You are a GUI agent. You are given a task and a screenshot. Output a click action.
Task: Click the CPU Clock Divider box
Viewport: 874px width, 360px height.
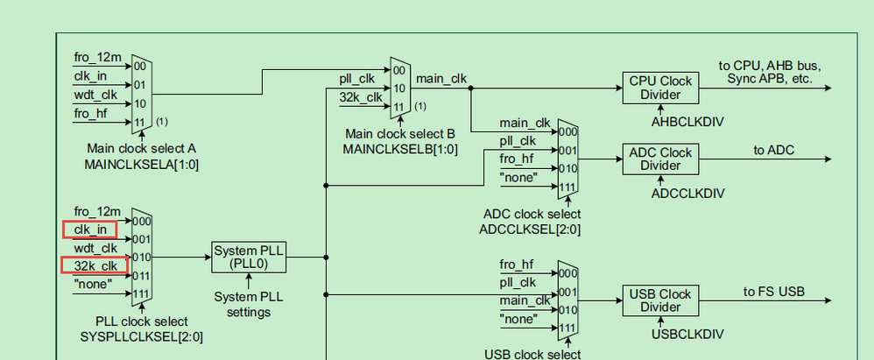660,88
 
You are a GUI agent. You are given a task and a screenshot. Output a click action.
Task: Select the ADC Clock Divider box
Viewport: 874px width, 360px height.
660,159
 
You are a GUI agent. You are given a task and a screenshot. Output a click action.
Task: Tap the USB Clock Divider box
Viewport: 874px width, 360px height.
660,300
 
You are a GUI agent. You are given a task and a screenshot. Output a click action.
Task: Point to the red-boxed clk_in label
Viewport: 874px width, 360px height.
90,229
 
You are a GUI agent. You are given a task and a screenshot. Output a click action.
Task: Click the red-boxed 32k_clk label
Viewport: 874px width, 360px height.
95,265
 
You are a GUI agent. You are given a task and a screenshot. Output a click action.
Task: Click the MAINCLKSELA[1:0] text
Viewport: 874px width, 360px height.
142,164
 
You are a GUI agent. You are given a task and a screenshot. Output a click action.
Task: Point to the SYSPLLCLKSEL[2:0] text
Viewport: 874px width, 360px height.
130,337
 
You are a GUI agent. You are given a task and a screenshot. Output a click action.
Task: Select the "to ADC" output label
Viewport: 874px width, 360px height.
774,150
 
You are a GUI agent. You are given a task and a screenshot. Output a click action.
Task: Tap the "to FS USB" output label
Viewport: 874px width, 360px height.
774,292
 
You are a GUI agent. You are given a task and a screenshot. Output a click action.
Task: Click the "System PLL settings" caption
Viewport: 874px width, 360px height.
249,305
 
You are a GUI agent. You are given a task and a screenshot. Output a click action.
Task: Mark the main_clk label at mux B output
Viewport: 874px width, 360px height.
441,79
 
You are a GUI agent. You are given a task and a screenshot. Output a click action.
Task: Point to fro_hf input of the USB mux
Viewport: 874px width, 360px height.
517,264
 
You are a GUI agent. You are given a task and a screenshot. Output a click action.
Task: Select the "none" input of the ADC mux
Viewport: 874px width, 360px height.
518,179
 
